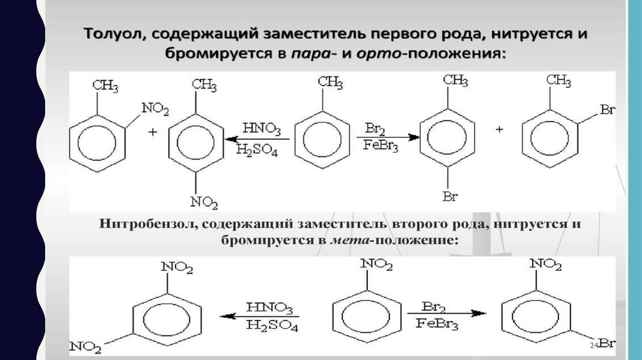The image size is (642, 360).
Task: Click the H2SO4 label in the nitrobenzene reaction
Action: tap(272, 326)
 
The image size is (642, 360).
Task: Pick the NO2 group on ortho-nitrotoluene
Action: tap(155, 109)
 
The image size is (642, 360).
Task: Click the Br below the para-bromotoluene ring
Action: tap(449, 198)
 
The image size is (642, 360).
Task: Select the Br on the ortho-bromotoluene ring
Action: tap(607, 111)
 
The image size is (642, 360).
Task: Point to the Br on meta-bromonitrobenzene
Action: tap(606, 343)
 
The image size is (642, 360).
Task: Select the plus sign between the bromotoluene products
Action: tap(500, 130)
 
